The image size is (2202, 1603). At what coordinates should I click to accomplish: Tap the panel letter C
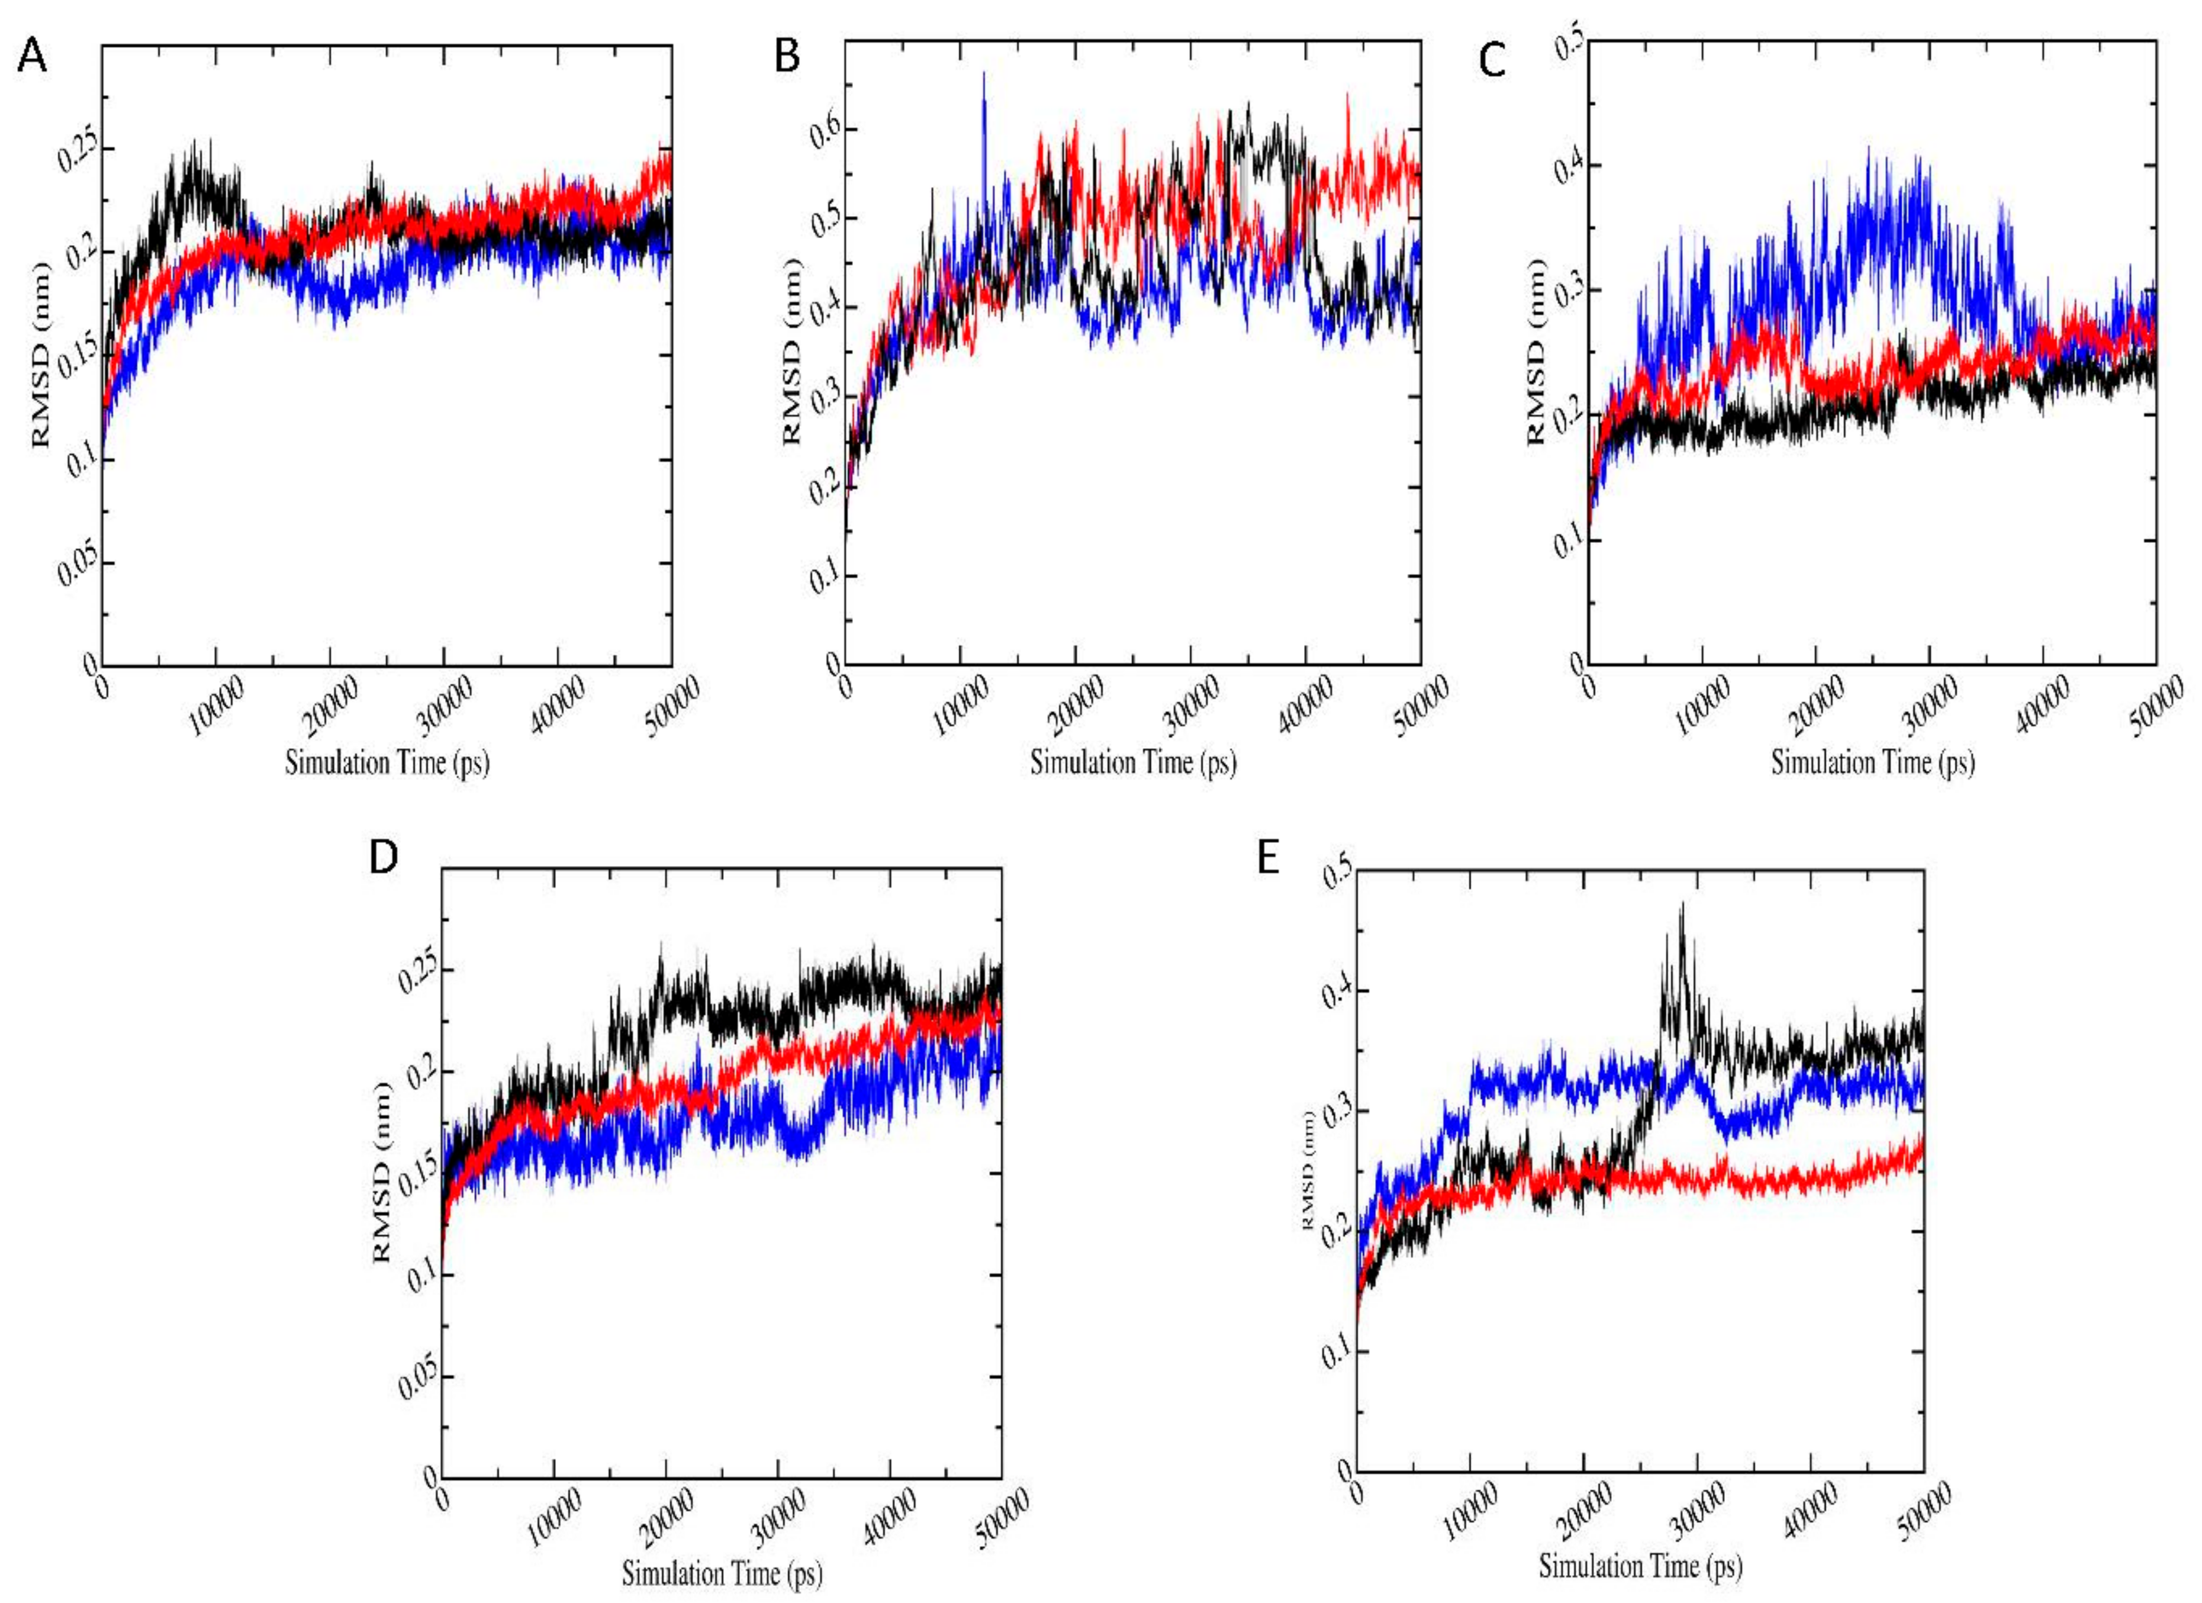pos(1492,60)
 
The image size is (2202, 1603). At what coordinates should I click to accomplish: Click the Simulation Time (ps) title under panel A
pos(387,762)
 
